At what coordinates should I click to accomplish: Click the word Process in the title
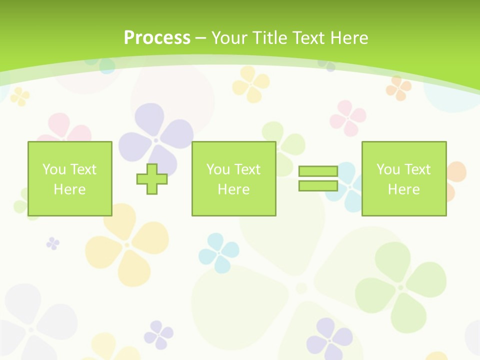coord(157,38)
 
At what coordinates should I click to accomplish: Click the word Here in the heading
coord(349,38)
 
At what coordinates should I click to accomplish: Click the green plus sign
coord(152,179)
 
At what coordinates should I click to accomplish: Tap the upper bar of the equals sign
coord(318,171)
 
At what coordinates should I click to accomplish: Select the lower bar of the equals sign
coord(318,185)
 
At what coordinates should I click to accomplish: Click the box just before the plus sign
coord(69,178)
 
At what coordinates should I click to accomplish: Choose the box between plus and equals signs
coord(233,178)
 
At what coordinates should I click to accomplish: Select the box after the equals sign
coord(403,178)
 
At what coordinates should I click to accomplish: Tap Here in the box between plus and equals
coord(233,189)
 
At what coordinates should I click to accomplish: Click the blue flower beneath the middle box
coord(219,252)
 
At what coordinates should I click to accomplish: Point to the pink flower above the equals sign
coord(348,118)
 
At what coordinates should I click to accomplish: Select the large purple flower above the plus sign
coord(156,139)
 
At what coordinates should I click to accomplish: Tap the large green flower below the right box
coord(400,287)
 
